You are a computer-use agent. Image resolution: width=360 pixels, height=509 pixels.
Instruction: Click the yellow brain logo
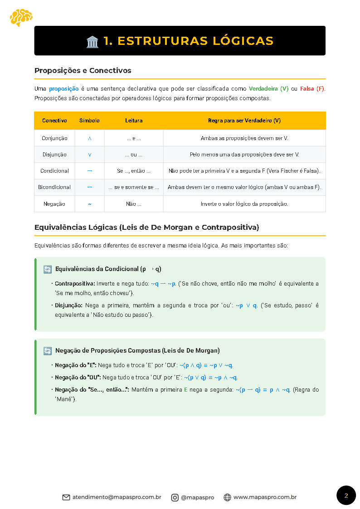(21, 17)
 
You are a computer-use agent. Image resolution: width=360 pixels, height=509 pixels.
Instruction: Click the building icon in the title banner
(92, 41)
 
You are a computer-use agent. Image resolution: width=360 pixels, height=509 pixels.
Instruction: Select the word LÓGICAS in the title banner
(242, 41)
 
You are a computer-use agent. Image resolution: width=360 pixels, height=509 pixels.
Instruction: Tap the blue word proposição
(64, 89)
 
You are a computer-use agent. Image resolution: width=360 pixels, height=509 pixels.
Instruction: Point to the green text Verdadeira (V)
(268, 89)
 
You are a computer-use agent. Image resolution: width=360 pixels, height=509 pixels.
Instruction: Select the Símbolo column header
(89, 121)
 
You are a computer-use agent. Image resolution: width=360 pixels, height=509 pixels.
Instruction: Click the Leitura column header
(134, 121)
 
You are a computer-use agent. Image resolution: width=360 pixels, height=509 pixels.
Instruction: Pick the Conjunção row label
(54, 138)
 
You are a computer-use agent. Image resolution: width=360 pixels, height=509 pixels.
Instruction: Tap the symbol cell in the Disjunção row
(89, 155)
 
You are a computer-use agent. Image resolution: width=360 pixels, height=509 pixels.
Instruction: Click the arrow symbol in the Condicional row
(89, 171)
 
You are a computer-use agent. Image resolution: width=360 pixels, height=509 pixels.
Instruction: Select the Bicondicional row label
(54, 187)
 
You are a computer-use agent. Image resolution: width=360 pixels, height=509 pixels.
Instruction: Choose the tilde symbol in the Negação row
(89, 204)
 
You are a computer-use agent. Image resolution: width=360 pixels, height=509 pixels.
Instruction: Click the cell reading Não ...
(134, 204)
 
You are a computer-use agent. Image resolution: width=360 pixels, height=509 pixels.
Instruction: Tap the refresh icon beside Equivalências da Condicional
(48, 269)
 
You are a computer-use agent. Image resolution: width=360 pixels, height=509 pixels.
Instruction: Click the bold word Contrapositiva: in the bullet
(75, 284)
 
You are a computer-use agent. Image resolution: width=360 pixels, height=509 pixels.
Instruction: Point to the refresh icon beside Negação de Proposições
(48, 351)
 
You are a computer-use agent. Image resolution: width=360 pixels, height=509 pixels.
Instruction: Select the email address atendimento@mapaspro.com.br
(117, 497)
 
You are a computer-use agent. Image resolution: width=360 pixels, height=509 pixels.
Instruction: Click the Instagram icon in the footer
(175, 497)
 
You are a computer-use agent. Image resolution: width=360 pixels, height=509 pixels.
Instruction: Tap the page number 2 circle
(346, 495)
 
